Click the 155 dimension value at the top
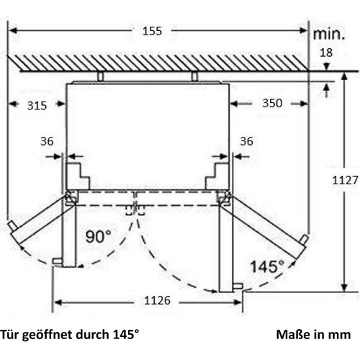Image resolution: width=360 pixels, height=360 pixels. click(x=152, y=31)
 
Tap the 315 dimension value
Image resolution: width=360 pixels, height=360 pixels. click(x=37, y=106)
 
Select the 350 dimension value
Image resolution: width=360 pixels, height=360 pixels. click(x=272, y=103)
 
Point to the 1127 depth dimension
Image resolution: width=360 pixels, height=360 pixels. click(x=345, y=180)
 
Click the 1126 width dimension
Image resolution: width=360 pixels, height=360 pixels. click(x=157, y=300)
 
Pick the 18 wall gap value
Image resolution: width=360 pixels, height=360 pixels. click(x=326, y=53)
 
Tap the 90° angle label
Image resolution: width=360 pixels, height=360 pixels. click(x=99, y=236)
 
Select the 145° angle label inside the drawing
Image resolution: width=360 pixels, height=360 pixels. click(x=267, y=266)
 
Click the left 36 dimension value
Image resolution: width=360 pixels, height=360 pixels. click(x=47, y=141)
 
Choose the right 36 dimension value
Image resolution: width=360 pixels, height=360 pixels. click(x=246, y=141)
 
